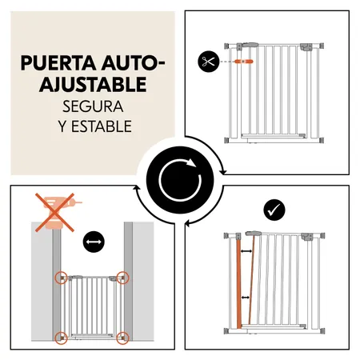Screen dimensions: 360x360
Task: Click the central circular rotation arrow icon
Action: [179, 180]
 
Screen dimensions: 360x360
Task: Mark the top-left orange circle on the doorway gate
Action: [61, 278]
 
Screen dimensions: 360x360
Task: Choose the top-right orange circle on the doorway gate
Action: [122, 278]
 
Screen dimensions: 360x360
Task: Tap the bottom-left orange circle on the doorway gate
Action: [61, 337]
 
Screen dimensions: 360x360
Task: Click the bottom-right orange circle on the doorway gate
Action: [122, 337]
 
